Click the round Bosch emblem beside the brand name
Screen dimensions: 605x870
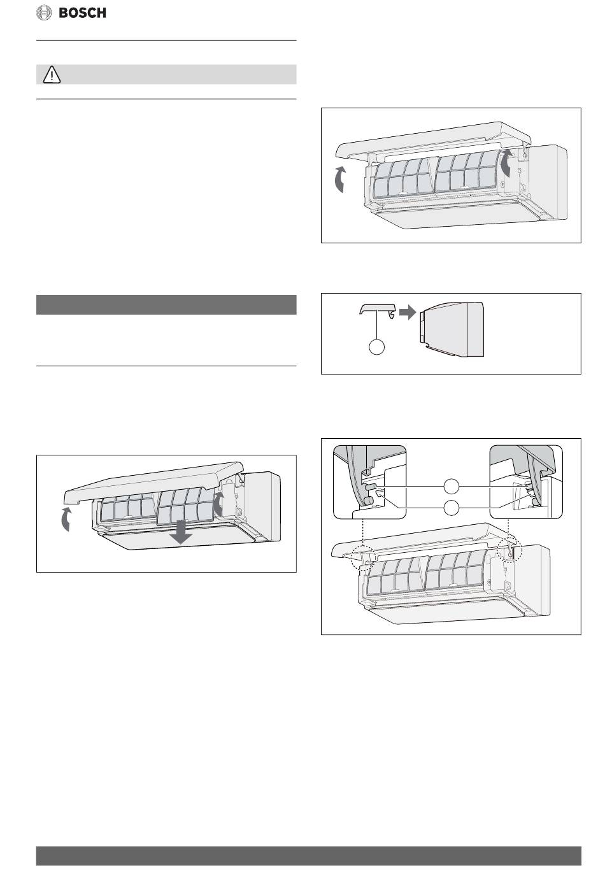44,13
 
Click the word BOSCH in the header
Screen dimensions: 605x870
82,13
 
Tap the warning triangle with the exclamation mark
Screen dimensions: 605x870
52,75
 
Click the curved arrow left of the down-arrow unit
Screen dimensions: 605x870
66,518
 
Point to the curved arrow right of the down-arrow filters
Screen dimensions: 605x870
218,504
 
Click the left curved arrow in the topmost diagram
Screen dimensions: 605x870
339,179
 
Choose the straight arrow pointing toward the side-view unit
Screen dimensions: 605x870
408,312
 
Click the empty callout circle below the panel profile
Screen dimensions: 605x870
376,346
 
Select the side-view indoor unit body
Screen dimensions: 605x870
452,329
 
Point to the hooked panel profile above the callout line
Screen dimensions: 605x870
378,310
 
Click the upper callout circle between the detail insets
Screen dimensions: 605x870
452,486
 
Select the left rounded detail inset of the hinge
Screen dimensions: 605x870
369,481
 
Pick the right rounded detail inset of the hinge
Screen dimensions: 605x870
526,481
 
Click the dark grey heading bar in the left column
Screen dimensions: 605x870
166,304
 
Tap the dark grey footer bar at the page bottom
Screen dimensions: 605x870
309,855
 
